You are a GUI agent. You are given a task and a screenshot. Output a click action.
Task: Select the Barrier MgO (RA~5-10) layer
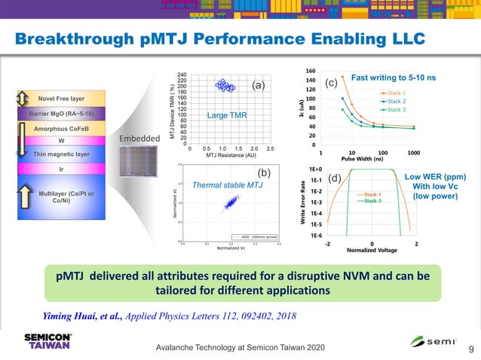pyautogui.click(x=62, y=114)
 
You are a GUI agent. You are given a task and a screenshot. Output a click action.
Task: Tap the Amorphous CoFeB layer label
pyautogui.click(x=62, y=130)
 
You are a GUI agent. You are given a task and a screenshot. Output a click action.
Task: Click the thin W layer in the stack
pyautogui.click(x=62, y=140)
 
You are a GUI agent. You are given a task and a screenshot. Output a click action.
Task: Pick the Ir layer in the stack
pyautogui.click(x=62, y=169)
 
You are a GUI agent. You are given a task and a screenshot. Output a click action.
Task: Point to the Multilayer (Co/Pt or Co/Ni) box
pyautogui.click(x=62, y=197)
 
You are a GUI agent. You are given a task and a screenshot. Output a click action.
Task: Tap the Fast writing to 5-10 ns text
pyautogui.click(x=394, y=78)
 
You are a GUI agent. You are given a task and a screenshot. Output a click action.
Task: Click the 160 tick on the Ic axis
pyautogui.click(x=311, y=72)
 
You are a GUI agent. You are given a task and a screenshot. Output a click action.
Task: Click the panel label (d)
pyautogui.click(x=334, y=178)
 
